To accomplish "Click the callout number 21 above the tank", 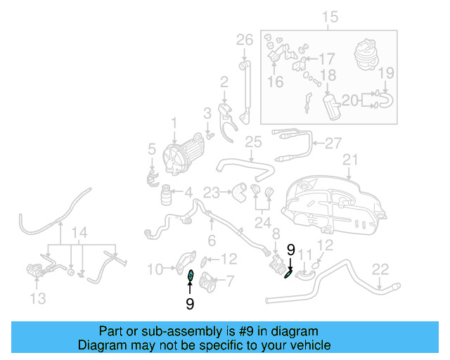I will click(350, 162).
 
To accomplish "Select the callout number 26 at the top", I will click(244, 39).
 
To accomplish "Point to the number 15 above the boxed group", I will click(330, 17).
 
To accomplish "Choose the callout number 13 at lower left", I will click(38, 299).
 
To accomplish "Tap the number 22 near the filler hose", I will click(380, 268).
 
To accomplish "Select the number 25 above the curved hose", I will click(253, 143).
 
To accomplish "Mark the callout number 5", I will click(151, 148).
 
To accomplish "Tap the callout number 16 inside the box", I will click(275, 82).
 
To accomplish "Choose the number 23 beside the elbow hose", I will click(212, 191).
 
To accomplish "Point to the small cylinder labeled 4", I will click(169, 194).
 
